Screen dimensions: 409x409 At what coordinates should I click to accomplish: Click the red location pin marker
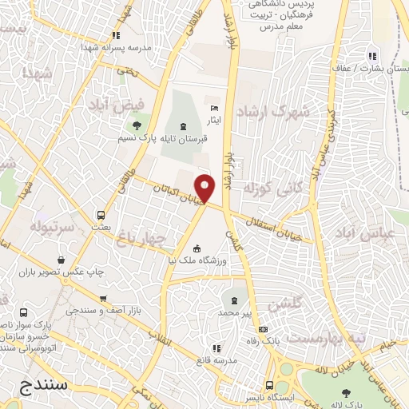[206, 189]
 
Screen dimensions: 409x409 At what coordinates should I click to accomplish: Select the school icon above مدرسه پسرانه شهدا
[117, 35]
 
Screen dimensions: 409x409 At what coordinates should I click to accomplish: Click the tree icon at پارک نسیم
[136, 125]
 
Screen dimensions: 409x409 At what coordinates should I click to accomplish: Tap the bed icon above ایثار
[212, 109]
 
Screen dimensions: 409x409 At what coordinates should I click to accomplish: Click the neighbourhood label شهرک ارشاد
[278, 112]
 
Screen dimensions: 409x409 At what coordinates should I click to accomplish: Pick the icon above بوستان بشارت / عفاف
[371, 56]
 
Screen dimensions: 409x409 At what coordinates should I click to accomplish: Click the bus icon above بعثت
[101, 215]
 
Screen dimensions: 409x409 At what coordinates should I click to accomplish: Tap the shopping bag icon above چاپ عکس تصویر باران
[62, 260]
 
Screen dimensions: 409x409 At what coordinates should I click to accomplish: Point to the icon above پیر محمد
[234, 300]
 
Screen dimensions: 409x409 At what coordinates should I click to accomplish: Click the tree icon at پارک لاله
[345, 392]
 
